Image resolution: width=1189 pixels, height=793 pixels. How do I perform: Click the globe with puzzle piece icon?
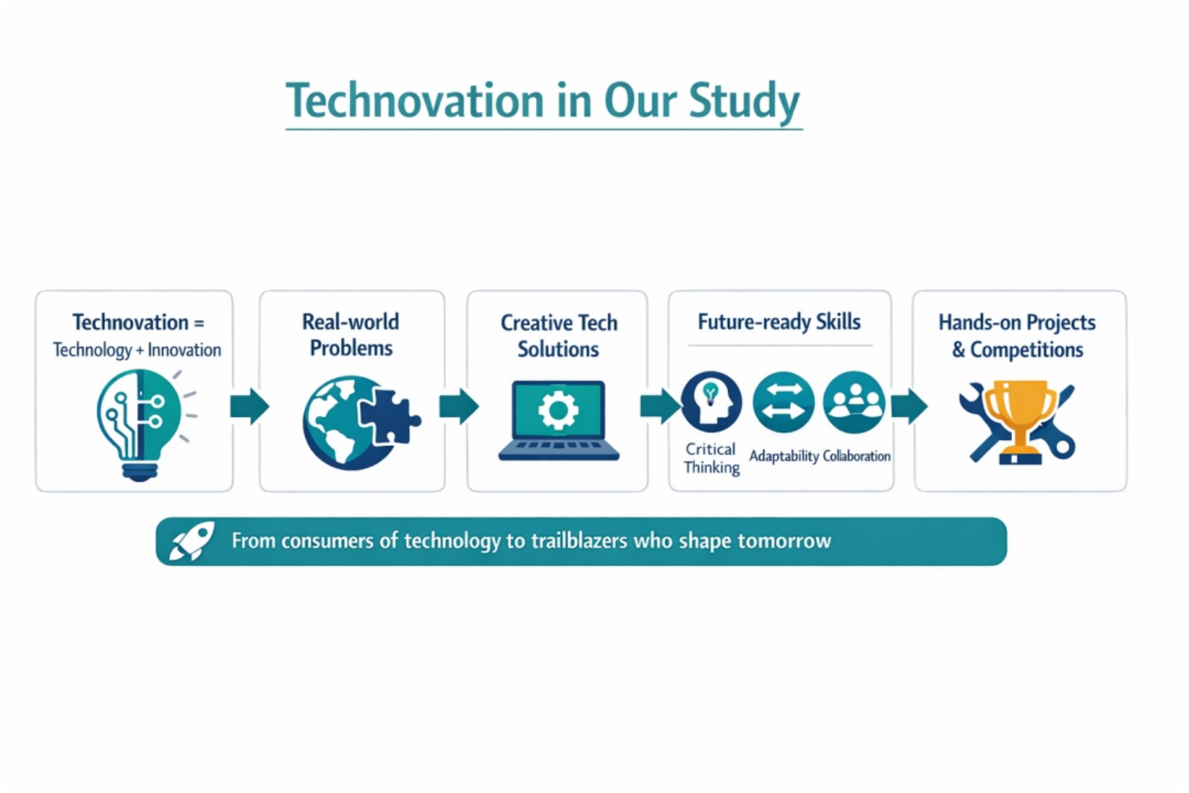point(361,423)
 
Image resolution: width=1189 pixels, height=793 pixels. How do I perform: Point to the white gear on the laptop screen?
point(558,410)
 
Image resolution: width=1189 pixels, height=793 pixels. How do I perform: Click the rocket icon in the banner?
point(192,541)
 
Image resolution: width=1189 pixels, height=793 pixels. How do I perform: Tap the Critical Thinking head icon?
point(711,401)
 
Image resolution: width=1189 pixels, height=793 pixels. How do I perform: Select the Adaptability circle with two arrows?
point(783,402)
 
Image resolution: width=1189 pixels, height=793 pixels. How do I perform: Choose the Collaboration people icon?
point(854,402)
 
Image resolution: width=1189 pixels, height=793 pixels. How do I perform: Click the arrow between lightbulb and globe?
point(250,406)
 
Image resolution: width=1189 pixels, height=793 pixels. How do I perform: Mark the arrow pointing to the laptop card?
point(459,406)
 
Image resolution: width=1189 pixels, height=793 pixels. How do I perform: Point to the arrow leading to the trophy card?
point(909,406)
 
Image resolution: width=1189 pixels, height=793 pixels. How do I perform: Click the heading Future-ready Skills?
point(779,322)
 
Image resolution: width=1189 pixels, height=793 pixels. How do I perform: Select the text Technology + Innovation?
point(137,350)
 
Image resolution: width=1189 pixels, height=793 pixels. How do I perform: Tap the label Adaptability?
point(784,456)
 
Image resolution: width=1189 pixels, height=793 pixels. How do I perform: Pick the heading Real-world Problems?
point(351,335)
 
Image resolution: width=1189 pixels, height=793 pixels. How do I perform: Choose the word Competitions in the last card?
point(1026,350)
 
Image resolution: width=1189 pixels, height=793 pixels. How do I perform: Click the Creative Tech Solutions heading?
point(559,336)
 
